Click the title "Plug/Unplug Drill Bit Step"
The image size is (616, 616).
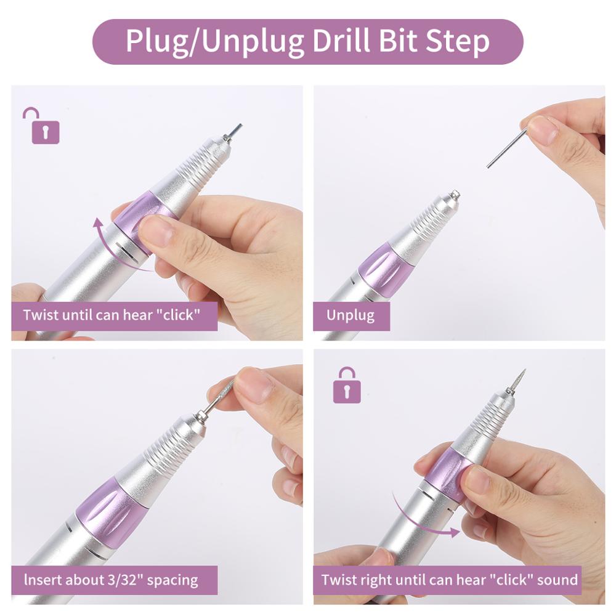(x=307, y=41)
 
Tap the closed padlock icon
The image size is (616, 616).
(x=347, y=386)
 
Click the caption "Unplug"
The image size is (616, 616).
(x=351, y=316)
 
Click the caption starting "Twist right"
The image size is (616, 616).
(x=449, y=580)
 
